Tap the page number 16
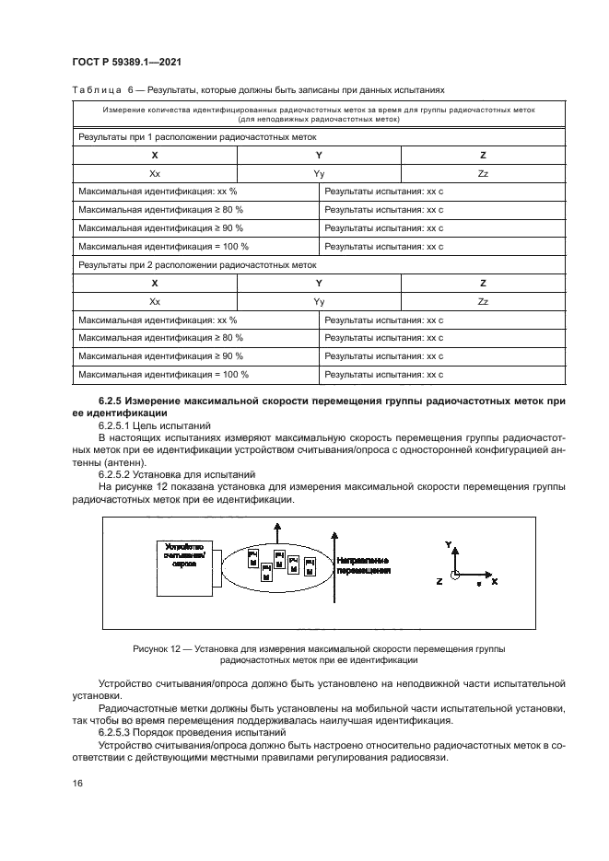(77, 782)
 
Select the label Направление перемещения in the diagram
(363, 564)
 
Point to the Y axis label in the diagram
(448, 545)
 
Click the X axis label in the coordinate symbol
(495, 582)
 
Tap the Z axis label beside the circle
(439, 582)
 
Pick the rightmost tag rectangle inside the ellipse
(310, 564)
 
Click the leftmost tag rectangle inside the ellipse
(253, 559)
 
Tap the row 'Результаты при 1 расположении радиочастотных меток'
(196, 136)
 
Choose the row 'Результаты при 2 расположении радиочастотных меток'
(196, 264)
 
